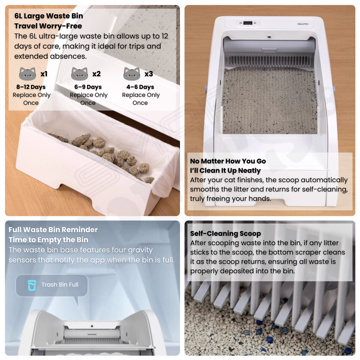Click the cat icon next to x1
click(x=28, y=74)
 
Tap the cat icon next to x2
click(x=80, y=74)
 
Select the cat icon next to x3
click(x=131, y=74)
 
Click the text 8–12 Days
click(x=31, y=87)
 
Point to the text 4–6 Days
click(x=140, y=87)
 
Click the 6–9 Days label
click(x=88, y=87)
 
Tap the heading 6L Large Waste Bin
click(x=49, y=16)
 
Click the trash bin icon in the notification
click(x=32, y=285)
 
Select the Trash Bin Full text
click(x=60, y=285)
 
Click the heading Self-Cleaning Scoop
click(x=225, y=234)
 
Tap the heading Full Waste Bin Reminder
click(x=53, y=230)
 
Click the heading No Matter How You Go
click(x=228, y=161)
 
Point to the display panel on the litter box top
click(x=248, y=23)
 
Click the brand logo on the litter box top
click(x=303, y=24)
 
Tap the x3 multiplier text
click(x=149, y=74)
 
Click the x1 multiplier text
click(x=44, y=74)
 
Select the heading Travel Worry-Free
click(x=48, y=26)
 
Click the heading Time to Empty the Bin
click(x=49, y=240)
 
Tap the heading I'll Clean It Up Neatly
click(x=225, y=171)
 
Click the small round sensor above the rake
click(x=269, y=36)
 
